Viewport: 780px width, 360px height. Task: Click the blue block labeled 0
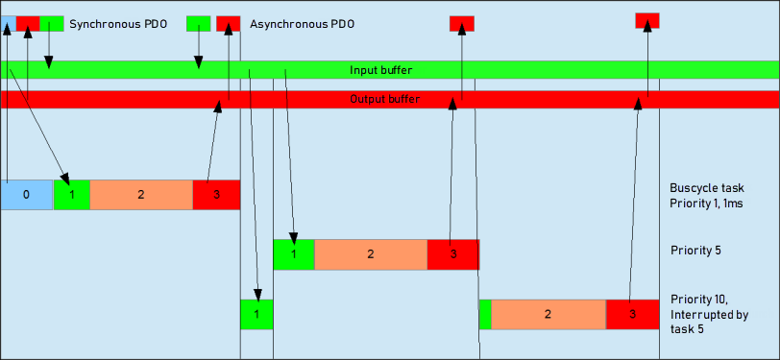[26, 194]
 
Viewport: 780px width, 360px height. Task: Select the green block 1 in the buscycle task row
[71, 194]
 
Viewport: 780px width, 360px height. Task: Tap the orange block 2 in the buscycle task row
[140, 194]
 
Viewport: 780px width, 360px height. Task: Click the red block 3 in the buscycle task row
[215, 194]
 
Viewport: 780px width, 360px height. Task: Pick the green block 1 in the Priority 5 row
[293, 254]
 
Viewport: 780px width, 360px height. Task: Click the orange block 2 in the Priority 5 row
[370, 254]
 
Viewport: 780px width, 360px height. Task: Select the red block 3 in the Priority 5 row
[452, 254]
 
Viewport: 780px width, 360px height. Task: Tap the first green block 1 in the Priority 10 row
[256, 314]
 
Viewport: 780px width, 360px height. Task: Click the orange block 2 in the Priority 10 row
[548, 314]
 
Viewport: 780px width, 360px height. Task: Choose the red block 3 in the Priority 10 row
[632, 314]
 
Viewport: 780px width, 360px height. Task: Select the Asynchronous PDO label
[302, 22]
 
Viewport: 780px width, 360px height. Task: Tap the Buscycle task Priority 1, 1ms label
[706, 195]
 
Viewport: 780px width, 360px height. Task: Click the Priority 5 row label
[695, 251]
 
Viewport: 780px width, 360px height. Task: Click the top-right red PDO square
[646, 20]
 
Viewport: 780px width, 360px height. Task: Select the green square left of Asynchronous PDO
[198, 22]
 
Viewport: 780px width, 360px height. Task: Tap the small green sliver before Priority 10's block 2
[485, 314]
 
